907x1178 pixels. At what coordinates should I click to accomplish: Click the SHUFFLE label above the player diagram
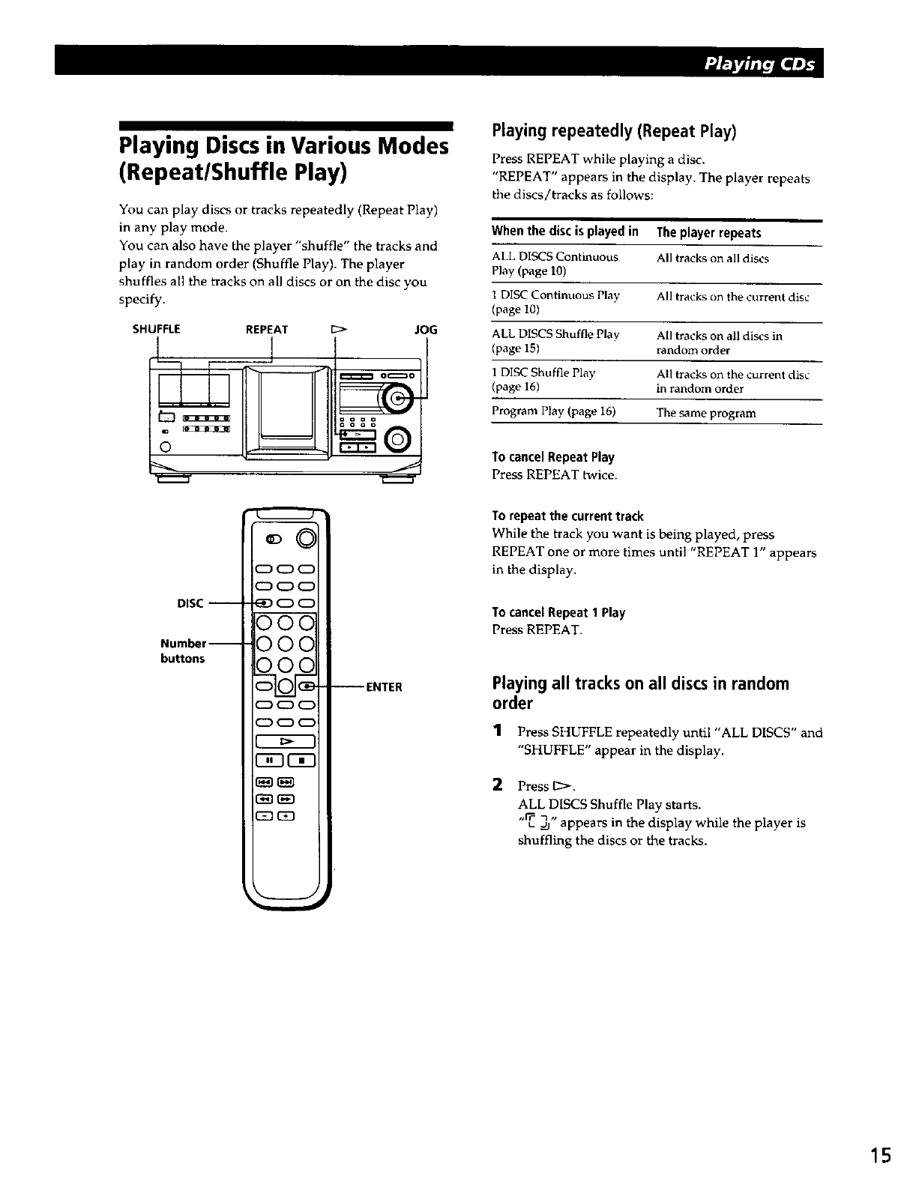click(157, 329)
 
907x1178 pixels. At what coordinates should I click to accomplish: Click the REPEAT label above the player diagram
click(267, 329)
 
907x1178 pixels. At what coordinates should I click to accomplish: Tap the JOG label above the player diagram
click(426, 329)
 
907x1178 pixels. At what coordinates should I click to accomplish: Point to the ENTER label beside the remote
click(384, 686)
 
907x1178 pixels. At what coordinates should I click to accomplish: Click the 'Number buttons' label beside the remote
click(182, 650)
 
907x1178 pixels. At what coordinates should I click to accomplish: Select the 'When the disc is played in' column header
click(564, 232)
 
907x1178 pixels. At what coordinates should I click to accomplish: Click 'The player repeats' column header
click(708, 233)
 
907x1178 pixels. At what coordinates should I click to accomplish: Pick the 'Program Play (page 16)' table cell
click(553, 411)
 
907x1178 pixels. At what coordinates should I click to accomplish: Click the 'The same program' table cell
click(706, 413)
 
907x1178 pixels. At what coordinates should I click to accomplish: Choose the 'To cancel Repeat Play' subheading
click(552, 457)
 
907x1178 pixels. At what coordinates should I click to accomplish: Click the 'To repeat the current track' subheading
click(567, 516)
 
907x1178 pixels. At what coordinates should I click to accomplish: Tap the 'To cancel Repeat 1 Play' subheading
click(558, 612)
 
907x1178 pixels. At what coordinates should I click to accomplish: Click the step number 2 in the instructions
click(496, 785)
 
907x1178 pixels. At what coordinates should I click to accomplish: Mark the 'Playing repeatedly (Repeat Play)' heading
click(614, 131)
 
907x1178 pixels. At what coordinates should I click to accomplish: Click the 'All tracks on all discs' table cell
click(712, 259)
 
